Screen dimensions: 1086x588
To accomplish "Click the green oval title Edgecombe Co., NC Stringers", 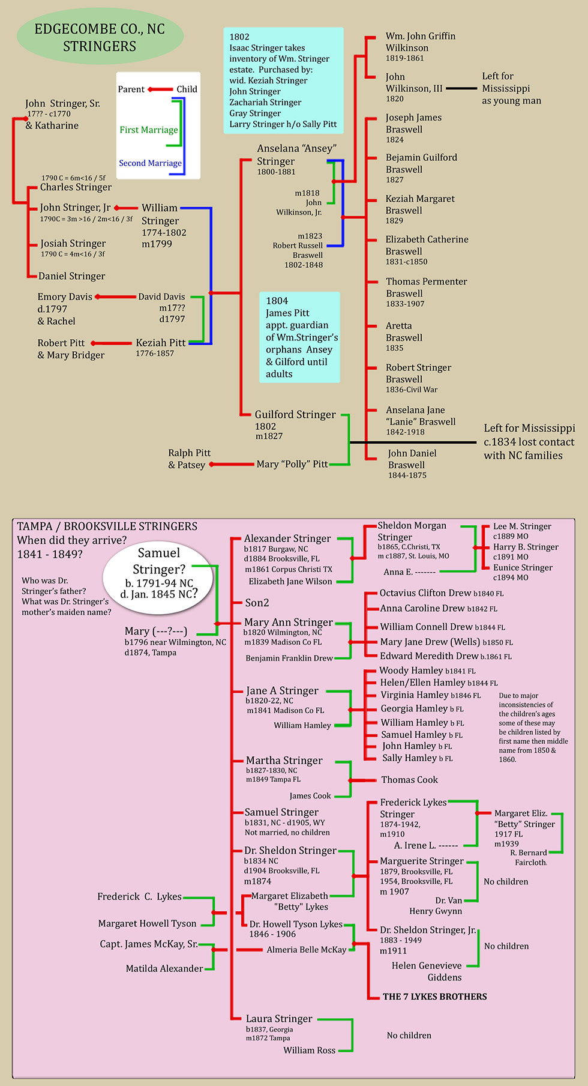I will coord(100,37).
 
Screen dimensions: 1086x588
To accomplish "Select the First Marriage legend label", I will coord(148,130).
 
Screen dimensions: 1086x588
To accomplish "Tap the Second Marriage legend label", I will coord(150,163).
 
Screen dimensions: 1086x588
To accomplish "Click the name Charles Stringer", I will coord(76,187).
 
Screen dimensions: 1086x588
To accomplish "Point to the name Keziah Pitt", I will coord(160,343).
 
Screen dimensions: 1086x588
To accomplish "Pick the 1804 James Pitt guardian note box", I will coord(300,337).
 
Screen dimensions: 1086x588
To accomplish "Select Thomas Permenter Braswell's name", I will coord(426,287).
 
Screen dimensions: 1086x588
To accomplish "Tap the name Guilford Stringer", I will coord(295,414).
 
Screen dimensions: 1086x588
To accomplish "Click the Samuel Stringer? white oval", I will coord(158,573).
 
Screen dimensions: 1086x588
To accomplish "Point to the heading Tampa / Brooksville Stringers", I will coord(107,526).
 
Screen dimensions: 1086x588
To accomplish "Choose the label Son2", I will coord(257,603).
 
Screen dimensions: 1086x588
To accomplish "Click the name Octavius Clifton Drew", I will coord(425,593).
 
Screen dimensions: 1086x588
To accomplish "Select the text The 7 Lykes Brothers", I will coord(435,997).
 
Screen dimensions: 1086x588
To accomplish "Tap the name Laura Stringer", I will coord(279,1019).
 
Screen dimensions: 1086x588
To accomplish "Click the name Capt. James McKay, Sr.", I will coord(149,944).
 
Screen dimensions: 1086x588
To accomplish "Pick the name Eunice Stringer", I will coord(523,567).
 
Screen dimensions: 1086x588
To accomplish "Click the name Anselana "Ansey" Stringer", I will coord(296,155).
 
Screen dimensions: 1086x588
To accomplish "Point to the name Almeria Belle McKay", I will coord(307,950).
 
